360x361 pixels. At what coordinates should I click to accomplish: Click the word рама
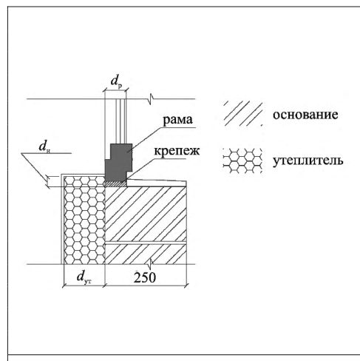(177, 120)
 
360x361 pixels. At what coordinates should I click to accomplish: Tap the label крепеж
(177, 151)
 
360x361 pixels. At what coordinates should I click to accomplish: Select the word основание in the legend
(305, 115)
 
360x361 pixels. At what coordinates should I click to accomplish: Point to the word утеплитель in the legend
(308, 161)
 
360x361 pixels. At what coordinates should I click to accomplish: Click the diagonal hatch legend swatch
(243, 114)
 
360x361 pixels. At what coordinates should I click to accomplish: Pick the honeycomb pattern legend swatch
(242, 161)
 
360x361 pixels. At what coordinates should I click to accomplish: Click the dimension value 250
(145, 277)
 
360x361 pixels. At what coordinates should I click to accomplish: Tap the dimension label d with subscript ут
(84, 277)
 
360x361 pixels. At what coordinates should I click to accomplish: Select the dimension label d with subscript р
(116, 81)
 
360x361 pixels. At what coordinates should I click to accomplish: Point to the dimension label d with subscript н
(44, 147)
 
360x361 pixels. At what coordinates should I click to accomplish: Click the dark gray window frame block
(119, 162)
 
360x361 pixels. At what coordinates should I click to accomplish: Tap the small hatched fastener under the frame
(116, 183)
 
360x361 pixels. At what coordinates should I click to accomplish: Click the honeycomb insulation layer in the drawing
(84, 220)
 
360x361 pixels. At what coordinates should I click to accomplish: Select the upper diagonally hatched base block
(146, 214)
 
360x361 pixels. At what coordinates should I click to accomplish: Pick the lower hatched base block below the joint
(146, 254)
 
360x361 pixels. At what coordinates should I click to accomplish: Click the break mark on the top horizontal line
(151, 99)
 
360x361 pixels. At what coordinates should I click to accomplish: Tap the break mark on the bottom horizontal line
(151, 264)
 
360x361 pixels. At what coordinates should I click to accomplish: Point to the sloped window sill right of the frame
(157, 183)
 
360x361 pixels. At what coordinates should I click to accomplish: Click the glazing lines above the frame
(120, 121)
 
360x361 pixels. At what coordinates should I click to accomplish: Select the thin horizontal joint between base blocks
(146, 243)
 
